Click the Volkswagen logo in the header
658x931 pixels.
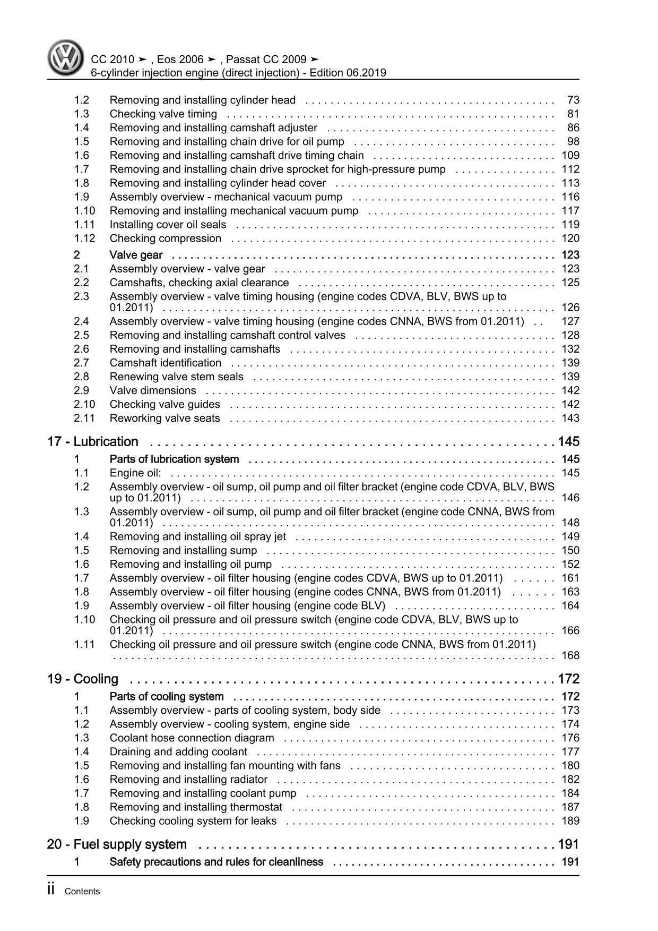[x=65, y=58]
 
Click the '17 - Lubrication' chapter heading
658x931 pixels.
[x=93, y=442]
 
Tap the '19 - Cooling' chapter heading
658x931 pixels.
[x=83, y=679]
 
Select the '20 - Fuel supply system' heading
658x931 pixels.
[x=117, y=844]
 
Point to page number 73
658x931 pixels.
[x=573, y=100]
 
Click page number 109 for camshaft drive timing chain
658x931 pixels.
[x=570, y=156]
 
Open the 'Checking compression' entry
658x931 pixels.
[x=165, y=238]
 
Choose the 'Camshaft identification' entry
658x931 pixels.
[x=165, y=363]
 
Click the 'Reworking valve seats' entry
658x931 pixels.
[x=164, y=418]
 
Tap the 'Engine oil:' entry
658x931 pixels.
[x=135, y=473]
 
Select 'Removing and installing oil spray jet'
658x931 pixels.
[x=197, y=537]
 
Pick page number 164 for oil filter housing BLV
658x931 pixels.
[x=570, y=606]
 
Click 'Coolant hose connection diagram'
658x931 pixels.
[x=192, y=738]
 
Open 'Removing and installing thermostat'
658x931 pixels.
[x=196, y=807]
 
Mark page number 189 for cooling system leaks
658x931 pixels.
[x=570, y=821]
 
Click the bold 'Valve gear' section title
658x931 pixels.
[x=136, y=255]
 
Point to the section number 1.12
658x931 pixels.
[x=84, y=238]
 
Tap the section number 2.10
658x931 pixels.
[x=84, y=405]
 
